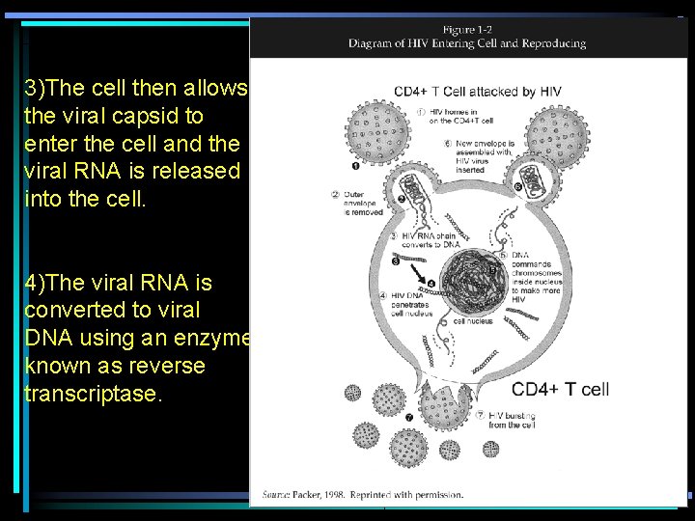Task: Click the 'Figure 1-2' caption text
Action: pyautogui.click(x=467, y=29)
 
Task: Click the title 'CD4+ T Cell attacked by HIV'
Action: pyautogui.click(x=477, y=92)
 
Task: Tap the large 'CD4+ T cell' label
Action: pyautogui.click(x=560, y=389)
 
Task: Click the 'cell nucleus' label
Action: pyautogui.click(x=473, y=321)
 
